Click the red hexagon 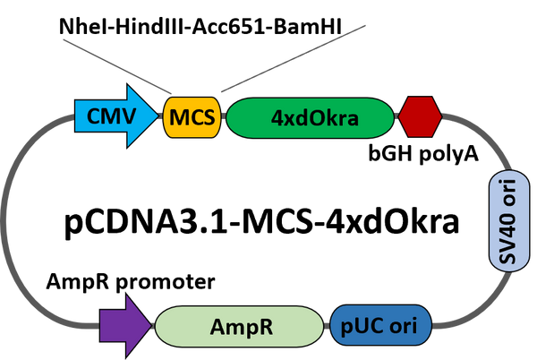419,117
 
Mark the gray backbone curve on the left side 11,224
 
